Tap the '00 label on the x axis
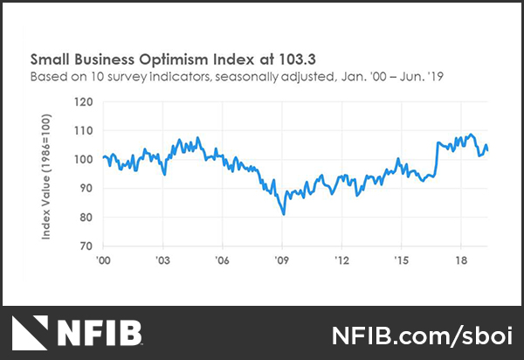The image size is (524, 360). click(104, 260)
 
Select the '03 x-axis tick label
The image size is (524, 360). click(163, 260)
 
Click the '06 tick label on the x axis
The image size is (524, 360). click(223, 260)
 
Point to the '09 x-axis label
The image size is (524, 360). click(282, 260)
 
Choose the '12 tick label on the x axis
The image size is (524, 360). click(342, 260)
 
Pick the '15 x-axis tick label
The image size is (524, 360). click(402, 260)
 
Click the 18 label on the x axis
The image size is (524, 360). click(461, 260)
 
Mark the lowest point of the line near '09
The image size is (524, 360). click(284, 213)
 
